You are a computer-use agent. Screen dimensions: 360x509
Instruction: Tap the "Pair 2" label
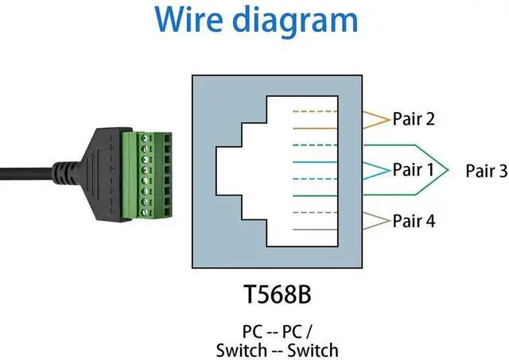pos(414,119)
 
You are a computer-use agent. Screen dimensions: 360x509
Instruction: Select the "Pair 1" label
pos(414,170)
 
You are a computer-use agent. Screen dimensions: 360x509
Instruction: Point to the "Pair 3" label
pos(485,170)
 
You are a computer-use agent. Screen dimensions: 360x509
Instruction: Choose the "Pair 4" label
pos(414,221)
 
